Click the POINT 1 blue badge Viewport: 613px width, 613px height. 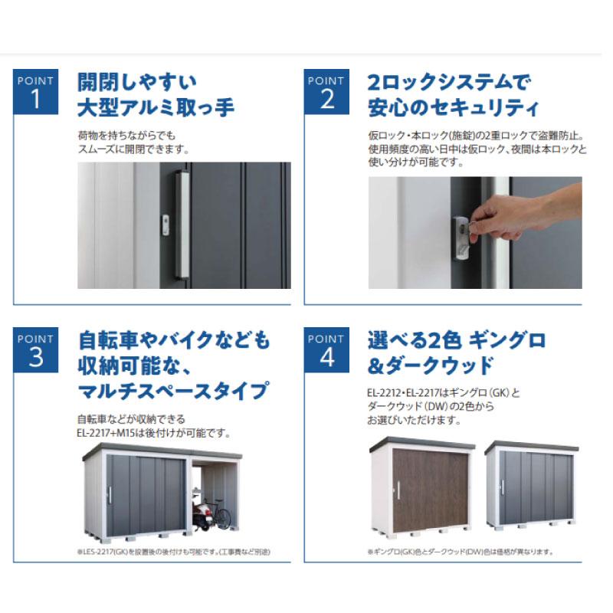tap(36, 92)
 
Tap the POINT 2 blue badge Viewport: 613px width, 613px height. tap(327, 92)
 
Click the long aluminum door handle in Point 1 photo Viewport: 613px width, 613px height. tap(182, 224)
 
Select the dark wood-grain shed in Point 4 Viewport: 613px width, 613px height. tap(421, 489)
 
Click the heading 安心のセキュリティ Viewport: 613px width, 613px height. tap(453, 107)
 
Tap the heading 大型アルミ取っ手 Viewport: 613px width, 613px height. tap(156, 107)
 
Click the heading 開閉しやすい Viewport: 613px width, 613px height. tap(137, 81)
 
